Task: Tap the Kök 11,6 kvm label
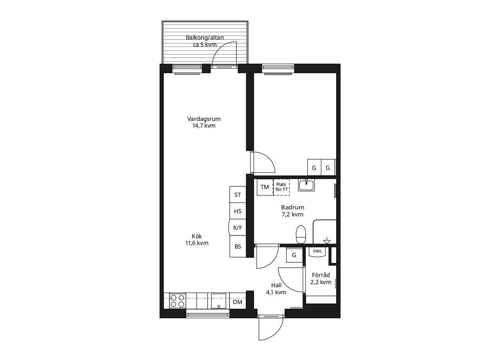click(x=197, y=239)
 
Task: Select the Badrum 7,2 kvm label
click(x=292, y=211)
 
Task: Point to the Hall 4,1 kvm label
click(x=276, y=289)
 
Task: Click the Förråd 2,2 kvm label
click(x=321, y=278)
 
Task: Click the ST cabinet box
click(x=238, y=195)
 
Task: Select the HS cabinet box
click(x=238, y=211)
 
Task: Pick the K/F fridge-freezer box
click(x=237, y=227)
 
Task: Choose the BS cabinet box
click(x=238, y=247)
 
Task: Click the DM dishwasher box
click(x=238, y=302)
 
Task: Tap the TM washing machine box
click(x=265, y=187)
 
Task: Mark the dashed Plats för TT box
click(x=281, y=187)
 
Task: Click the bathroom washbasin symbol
click(x=306, y=185)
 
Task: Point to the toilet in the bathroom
click(x=301, y=234)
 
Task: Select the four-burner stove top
click(x=177, y=301)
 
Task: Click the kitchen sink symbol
click(x=218, y=301)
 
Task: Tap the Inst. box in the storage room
click(x=317, y=252)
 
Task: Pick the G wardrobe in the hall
click(x=294, y=255)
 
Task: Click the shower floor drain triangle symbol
click(x=327, y=242)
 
